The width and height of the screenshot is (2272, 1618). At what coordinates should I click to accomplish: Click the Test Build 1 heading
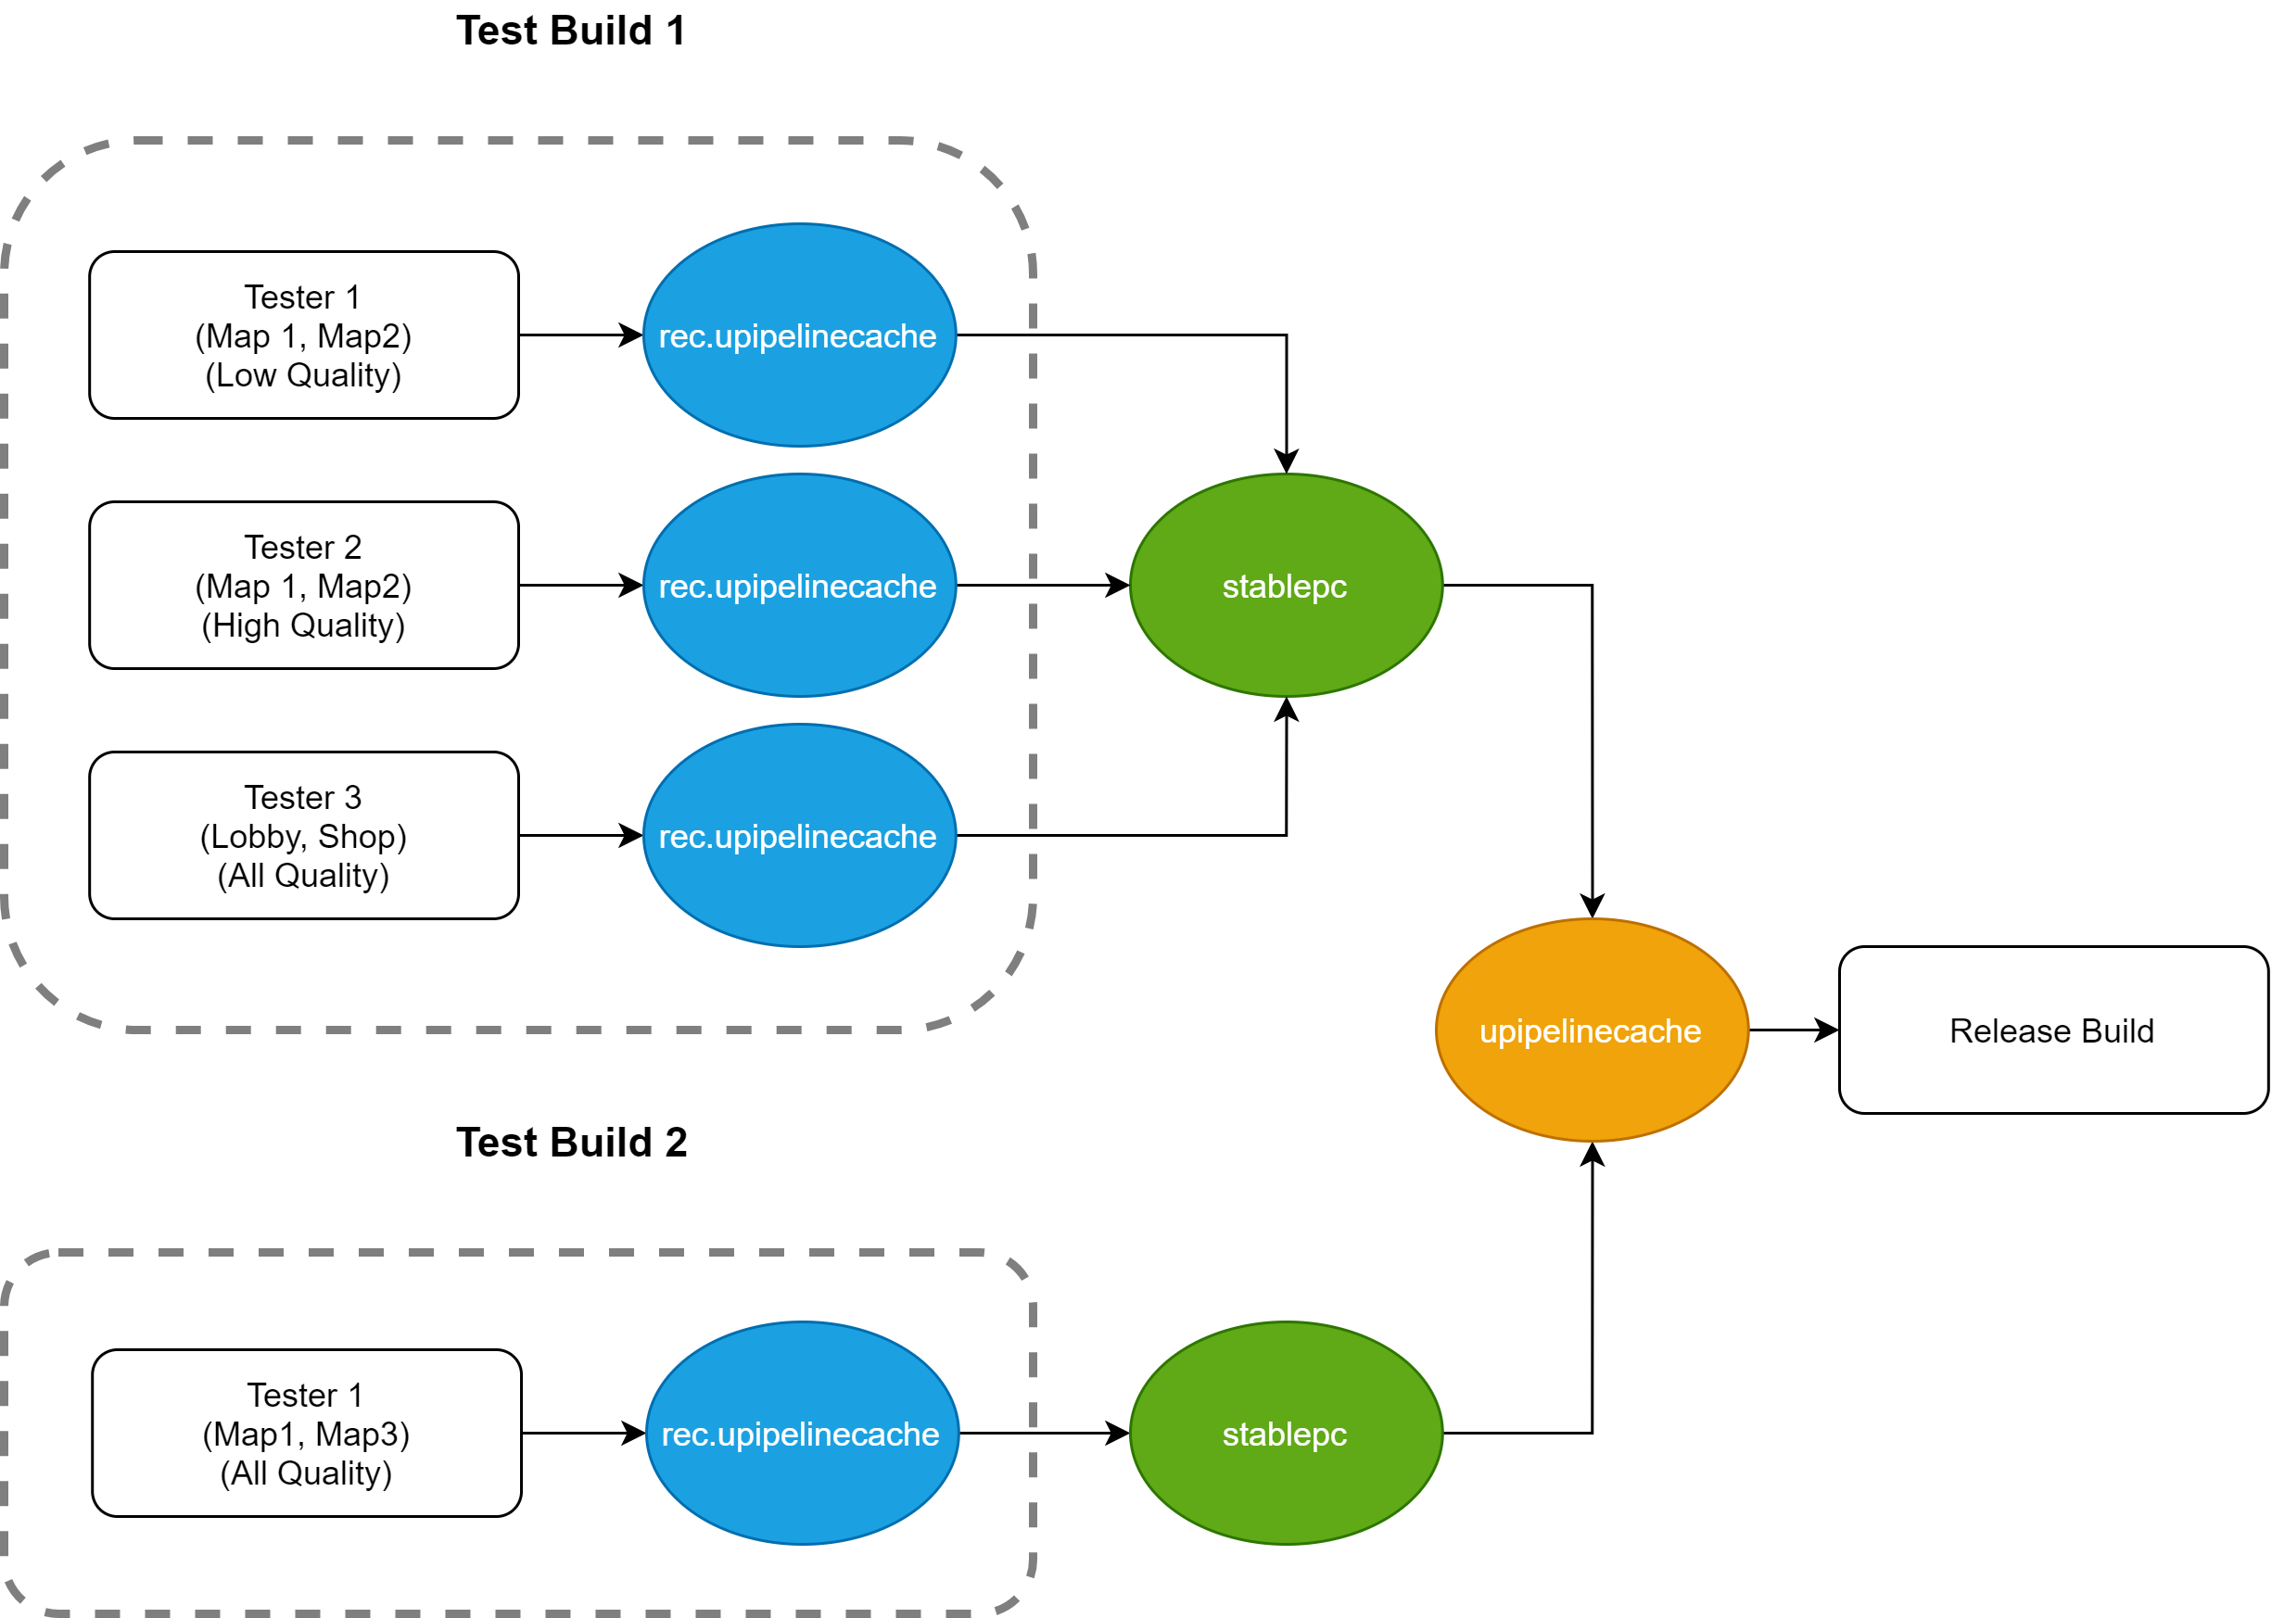[x=570, y=31]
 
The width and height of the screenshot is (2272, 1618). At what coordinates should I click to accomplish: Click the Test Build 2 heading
[x=571, y=1143]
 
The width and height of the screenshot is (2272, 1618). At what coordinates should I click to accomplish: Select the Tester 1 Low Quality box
[x=304, y=335]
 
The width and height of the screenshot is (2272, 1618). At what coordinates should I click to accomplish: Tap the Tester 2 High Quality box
[x=304, y=585]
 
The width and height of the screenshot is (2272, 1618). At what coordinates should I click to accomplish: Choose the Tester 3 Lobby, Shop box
[x=304, y=835]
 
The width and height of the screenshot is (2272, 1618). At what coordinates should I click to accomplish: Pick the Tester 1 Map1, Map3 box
[x=307, y=1433]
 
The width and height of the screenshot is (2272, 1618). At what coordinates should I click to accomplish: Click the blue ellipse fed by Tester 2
[x=799, y=585]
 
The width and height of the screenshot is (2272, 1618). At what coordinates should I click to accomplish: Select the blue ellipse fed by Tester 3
[x=799, y=835]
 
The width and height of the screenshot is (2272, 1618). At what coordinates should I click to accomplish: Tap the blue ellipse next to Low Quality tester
[x=799, y=335]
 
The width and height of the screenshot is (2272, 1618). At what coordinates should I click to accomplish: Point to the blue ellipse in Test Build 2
[x=802, y=1433]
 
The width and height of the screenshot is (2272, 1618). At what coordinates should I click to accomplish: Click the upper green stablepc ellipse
[x=1287, y=585]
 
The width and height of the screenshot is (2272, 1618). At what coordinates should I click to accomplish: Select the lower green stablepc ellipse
[x=1287, y=1433]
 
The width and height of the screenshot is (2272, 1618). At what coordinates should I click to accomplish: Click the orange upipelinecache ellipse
[x=1593, y=1030]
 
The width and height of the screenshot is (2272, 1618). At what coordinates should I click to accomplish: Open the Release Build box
[x=2054, y=1030]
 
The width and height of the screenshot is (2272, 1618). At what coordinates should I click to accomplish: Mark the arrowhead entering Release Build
[x=1826, y=1030]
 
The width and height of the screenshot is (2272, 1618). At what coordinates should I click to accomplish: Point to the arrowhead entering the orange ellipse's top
[x=1593, y=905]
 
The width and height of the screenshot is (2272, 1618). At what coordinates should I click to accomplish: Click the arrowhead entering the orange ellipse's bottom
[x=1593, y=1155]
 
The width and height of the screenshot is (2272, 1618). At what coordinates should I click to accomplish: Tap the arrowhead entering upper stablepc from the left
[x=1117, y=585]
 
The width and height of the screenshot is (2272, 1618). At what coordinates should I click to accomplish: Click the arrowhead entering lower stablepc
[x=1117, y=1433]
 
